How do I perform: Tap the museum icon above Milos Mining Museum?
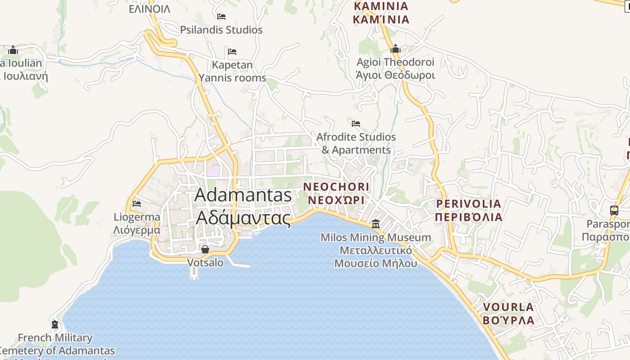pyautogui.click(x=375, y=224)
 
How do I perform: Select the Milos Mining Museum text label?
pyautogui.click(x=376, y=250)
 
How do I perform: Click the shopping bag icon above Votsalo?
pyautogui.click(x=205, y=249)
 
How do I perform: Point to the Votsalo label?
pyautogui.click(x=205, y=262)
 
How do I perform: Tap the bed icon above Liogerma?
pyautogui.click(x=137, y=204)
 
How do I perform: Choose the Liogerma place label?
pyautogui.click(x=137, y=223)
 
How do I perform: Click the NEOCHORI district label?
pyautogui.click(x=336, y=193)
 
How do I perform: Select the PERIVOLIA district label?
pyautogui.click(x=468, y=210)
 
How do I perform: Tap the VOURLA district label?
pyautogui.click(x=508, y=314)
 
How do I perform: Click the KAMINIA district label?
pyautogui.click(x=381, y=13)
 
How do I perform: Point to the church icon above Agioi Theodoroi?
pyautogui.click(x=396, y=49)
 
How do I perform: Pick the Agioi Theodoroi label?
pyautogui.click(x=396, y=68)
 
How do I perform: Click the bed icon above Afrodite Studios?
pyautogui.click(x=356, y=123)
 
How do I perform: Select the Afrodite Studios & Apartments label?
pyautogui.click(x=356, y=143)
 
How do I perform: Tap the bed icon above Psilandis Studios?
pyautogui.click(x=221, y=17)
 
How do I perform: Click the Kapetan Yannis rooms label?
pyautogui.click(x=233, y=71)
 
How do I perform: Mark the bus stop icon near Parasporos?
pyautogui.click(x=614, y=210)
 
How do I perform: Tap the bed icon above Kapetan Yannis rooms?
pyautogui.click(x=232, y=51)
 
